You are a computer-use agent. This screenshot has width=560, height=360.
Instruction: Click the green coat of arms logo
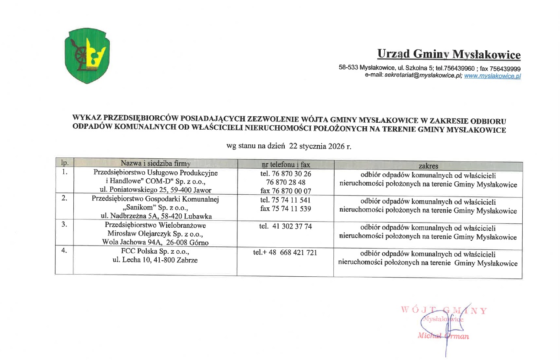(x=86, y=55)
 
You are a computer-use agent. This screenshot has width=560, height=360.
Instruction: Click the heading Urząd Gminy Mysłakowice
(x=448, y=54)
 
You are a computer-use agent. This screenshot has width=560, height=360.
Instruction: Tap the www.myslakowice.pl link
(x=492, y=75)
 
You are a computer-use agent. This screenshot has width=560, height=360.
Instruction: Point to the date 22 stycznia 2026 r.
(x=320, y=146)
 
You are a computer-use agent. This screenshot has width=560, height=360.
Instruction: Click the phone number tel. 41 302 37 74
(x=286, y=226)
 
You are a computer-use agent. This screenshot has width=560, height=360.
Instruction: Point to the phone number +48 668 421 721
(x=289, y=253)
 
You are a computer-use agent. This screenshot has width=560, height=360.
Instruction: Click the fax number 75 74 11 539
(x=286, y=209)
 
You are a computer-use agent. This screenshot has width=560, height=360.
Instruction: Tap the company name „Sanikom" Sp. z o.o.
(x=155, y=207)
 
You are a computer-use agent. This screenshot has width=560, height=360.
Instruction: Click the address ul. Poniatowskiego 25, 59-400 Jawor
(x=155, y=190)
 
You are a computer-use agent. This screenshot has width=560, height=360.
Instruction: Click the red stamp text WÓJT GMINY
(x=444, y=311)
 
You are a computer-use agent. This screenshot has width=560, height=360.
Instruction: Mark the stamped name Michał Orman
(x=443, y=336)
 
